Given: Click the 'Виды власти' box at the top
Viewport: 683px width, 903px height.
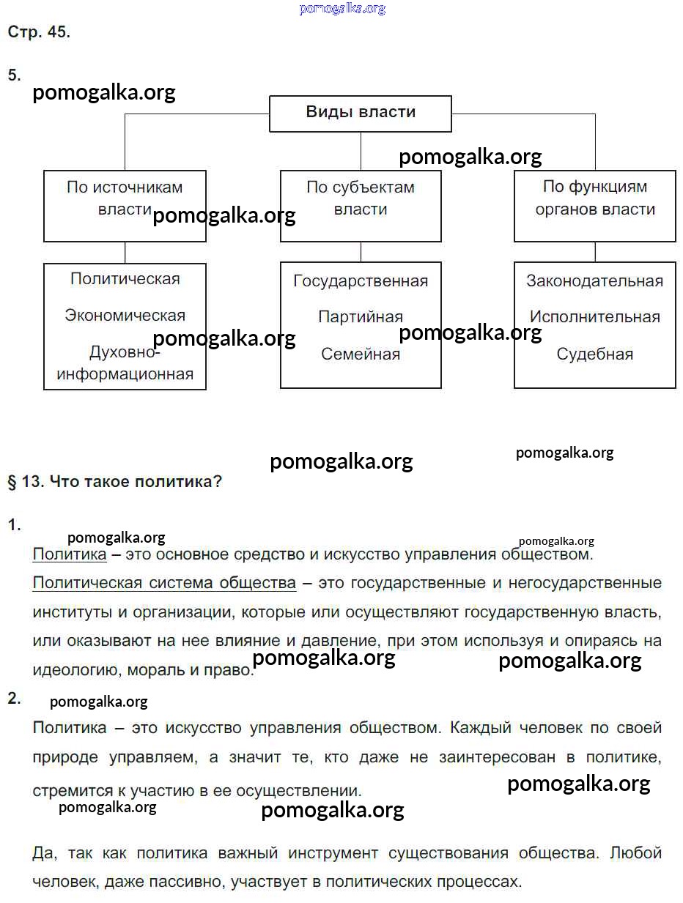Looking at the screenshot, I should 361,113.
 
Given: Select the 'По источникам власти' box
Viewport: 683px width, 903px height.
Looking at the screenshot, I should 125,205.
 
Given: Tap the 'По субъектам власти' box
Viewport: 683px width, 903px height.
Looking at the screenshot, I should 361,205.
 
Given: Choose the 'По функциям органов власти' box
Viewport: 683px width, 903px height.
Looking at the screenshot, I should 594,205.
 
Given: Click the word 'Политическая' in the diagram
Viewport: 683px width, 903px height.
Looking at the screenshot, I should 125,279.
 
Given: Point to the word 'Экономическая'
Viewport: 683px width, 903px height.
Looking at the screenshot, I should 125,316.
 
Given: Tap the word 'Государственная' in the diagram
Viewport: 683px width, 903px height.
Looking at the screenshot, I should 361,281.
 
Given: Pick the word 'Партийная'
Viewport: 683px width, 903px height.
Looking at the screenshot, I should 361,317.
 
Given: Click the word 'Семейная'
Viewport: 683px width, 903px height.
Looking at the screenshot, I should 361,354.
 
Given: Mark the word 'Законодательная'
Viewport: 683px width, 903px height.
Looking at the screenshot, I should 594,281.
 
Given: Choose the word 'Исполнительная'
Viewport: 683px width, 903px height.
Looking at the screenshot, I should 594,317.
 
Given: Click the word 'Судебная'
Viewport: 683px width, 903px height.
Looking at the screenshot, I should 594,354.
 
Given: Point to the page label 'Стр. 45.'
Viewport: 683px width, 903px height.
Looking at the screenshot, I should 39,32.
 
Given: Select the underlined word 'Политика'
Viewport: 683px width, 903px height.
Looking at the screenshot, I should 70,554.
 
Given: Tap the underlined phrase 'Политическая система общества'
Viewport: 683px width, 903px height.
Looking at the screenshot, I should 164,583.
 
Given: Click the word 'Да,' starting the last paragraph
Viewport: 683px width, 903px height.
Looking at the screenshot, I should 44,853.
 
